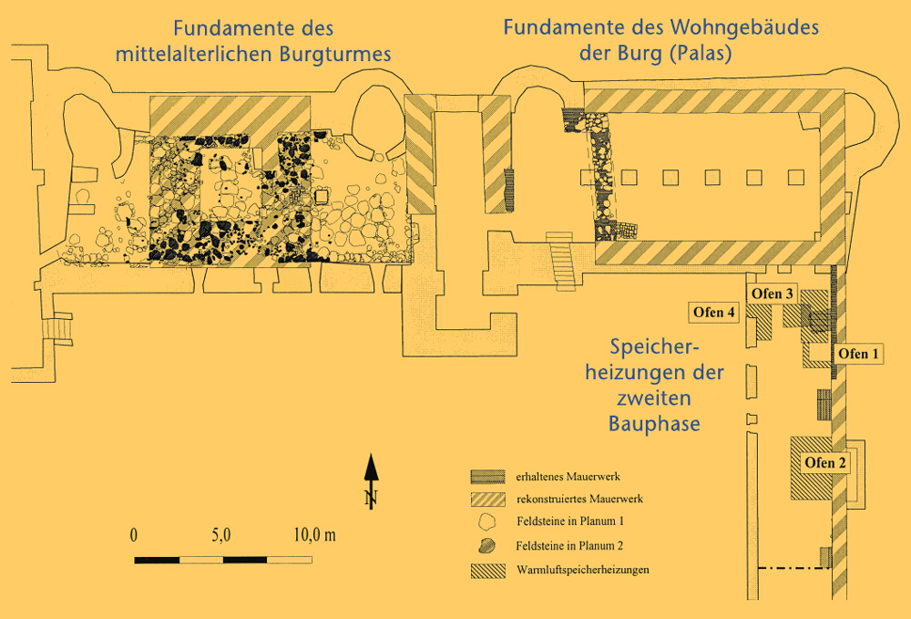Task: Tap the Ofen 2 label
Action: click(825, 462)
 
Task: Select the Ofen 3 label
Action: click(773, 294)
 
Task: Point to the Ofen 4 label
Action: click(714, 313)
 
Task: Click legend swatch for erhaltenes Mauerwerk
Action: click(487, 477)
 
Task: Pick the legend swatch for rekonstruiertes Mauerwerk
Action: click(487, 500)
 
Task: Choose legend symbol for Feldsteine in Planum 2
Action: click(487, 546)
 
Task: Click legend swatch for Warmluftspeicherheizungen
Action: click(487, 571)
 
